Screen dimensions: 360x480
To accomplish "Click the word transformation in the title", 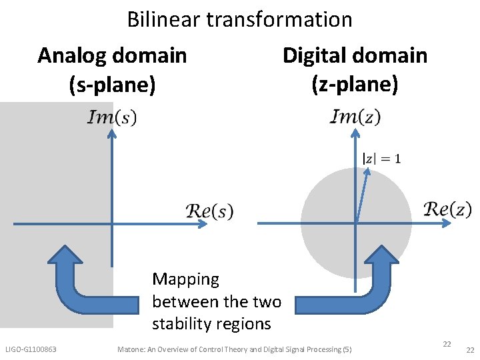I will click(279, 19).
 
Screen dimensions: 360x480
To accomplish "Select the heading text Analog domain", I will click(112, 55).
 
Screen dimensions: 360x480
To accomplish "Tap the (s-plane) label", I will click(112, 85).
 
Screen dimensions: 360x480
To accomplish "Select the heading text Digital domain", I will click(355, 55).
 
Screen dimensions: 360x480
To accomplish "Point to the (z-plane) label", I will click(355, 85).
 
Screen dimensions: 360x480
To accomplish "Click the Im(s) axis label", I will click(112, 118).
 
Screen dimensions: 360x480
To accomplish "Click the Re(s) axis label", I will click(209, 211).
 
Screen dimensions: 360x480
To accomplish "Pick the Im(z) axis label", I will click(355, 117).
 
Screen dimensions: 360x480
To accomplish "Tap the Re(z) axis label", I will click(447, 209).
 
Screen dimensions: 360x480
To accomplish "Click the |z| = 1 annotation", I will click(381, 159).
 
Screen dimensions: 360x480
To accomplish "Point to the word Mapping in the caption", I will click(185, 279).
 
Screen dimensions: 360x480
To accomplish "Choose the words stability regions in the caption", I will click(211, 324).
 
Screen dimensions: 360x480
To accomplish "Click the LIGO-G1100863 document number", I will click(31, 349).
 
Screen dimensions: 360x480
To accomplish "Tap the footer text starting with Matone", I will click(234, 349).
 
